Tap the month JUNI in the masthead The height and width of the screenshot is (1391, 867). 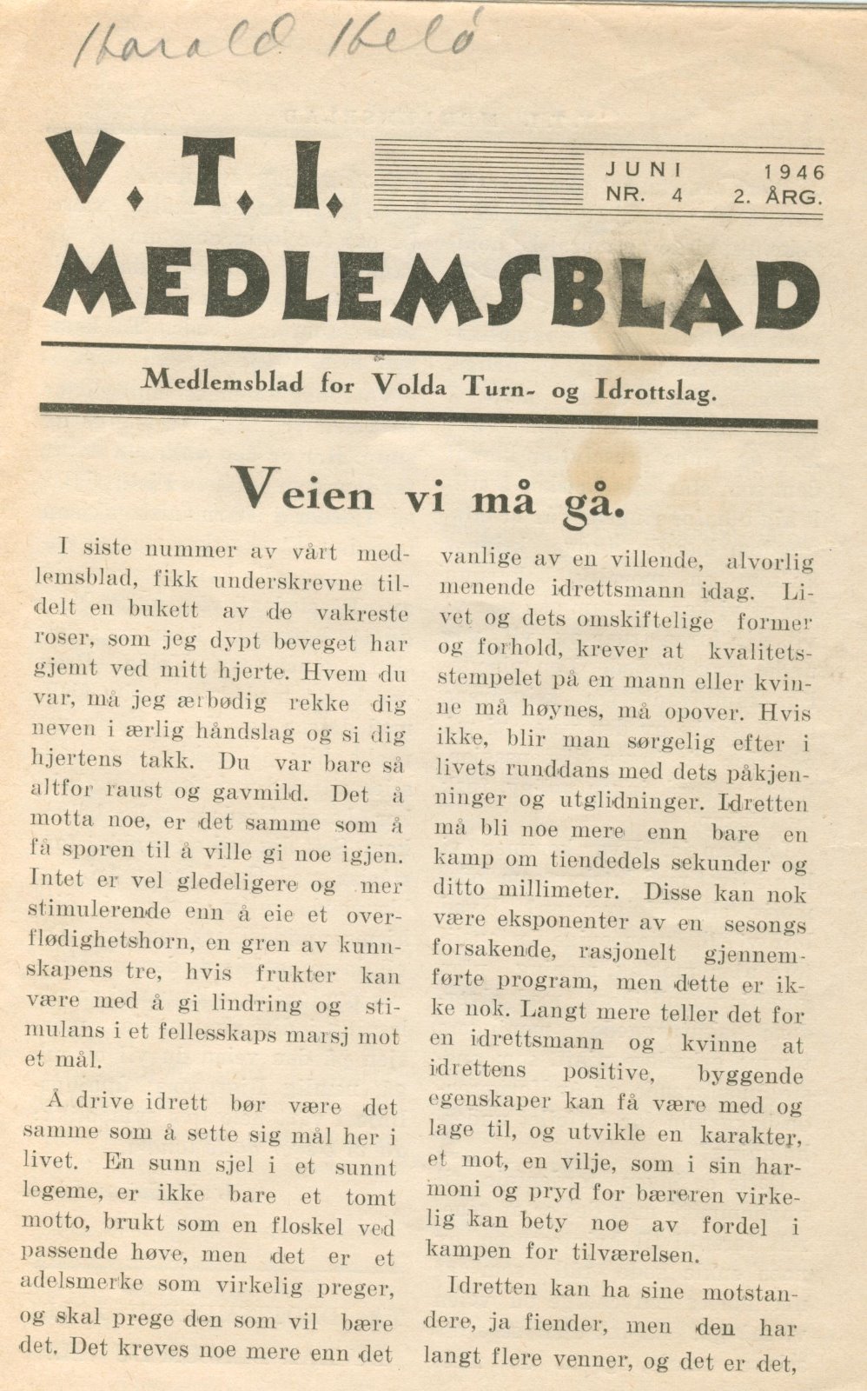click(x=645, y=170)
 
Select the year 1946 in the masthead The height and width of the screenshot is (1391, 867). click(x=794, y=172)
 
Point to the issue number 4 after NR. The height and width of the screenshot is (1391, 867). click(x=676, y=196)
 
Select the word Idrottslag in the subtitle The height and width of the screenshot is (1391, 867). click(x=656, y=390)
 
